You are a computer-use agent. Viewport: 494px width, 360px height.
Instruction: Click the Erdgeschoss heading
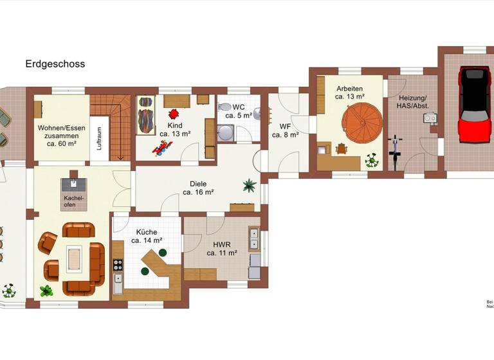pyautogui.click(x=55, y=64)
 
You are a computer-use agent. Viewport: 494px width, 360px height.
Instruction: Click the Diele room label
pyautogui.click(x=198, y=187)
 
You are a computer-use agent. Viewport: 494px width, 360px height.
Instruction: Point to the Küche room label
pyautogui.click(x=145, y=236)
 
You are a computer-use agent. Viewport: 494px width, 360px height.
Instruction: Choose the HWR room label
pyautogui.click(x=222, y=249)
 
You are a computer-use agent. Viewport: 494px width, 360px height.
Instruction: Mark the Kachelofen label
pyautogui.click(x=72, y=202)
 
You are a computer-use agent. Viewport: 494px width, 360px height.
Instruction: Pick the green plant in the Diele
pyautogui.click(x=248, y=186)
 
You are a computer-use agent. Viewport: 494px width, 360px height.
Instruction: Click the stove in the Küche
pyautogui.click(x=118, y=264)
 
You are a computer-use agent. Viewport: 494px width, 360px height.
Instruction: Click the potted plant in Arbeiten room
pyautogui.click(x=372, y=160)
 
